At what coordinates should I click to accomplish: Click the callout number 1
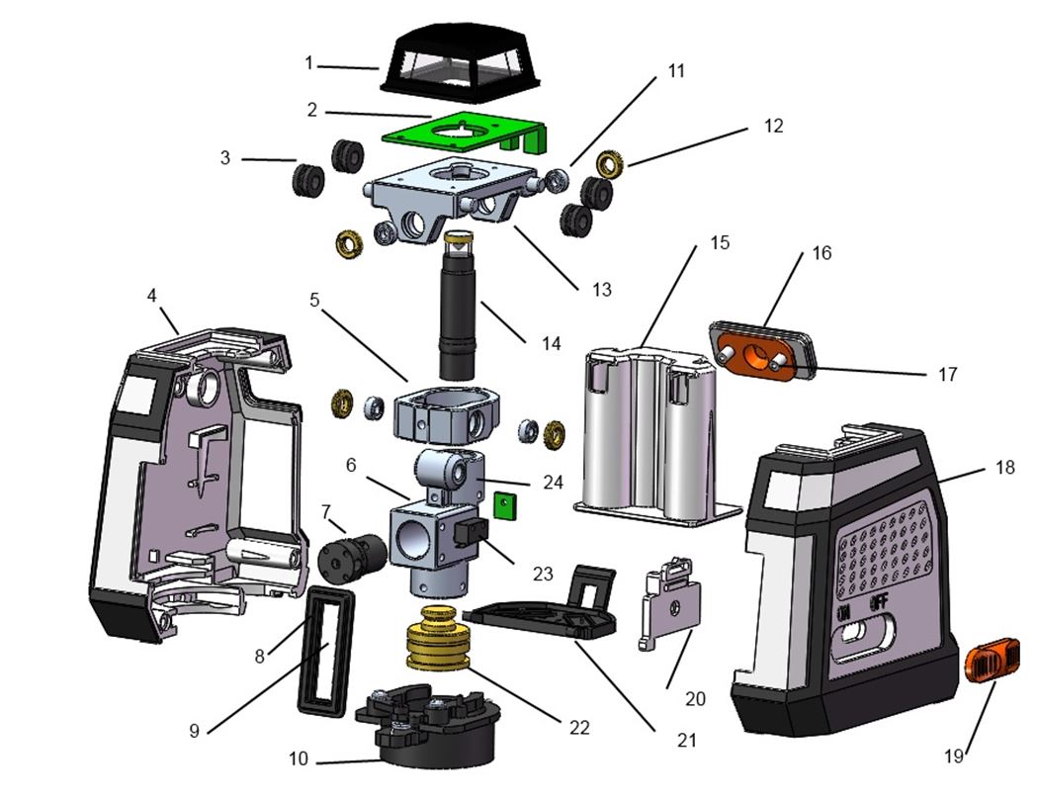pyautogui.click(x=309, y=63)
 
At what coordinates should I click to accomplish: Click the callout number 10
pyautogui.click(x=299, y=759)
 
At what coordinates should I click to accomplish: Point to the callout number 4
pyautogui.click(x=151, y=295)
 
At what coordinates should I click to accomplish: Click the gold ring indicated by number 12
pyautogui.click(x=611, y=160)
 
